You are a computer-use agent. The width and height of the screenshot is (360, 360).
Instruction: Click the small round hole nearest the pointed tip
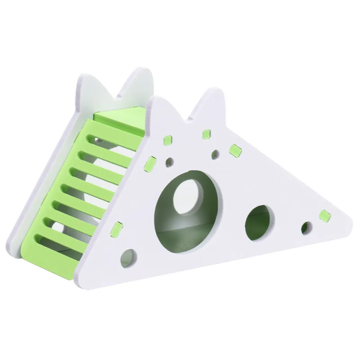306,227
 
